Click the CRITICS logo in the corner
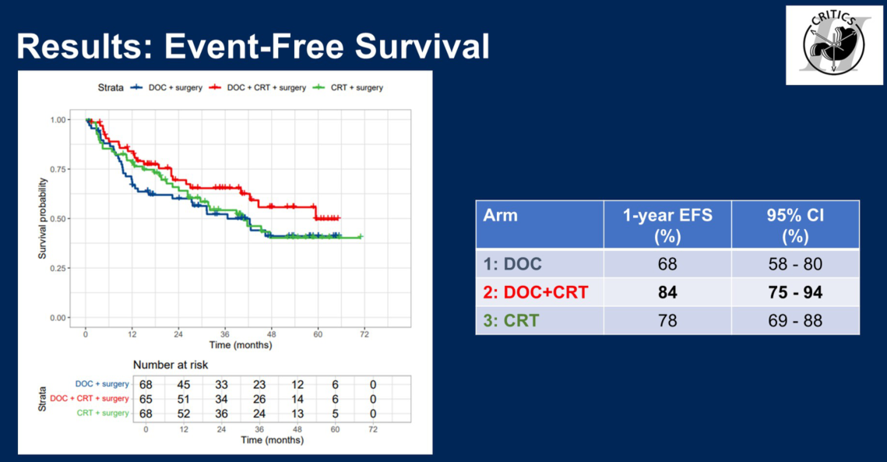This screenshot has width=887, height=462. (833, 44)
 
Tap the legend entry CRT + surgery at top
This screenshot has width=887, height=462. (354, 88)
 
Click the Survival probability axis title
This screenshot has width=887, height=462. (44, 219)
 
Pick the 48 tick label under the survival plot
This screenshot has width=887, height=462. (272, 333)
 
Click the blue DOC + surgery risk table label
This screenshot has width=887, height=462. (101, 384)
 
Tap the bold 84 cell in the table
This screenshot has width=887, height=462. (667, 292)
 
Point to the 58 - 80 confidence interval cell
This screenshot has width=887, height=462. (795, 264)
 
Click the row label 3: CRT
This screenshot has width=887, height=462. (511, 320)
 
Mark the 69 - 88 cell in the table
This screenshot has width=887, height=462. (795, 320)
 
